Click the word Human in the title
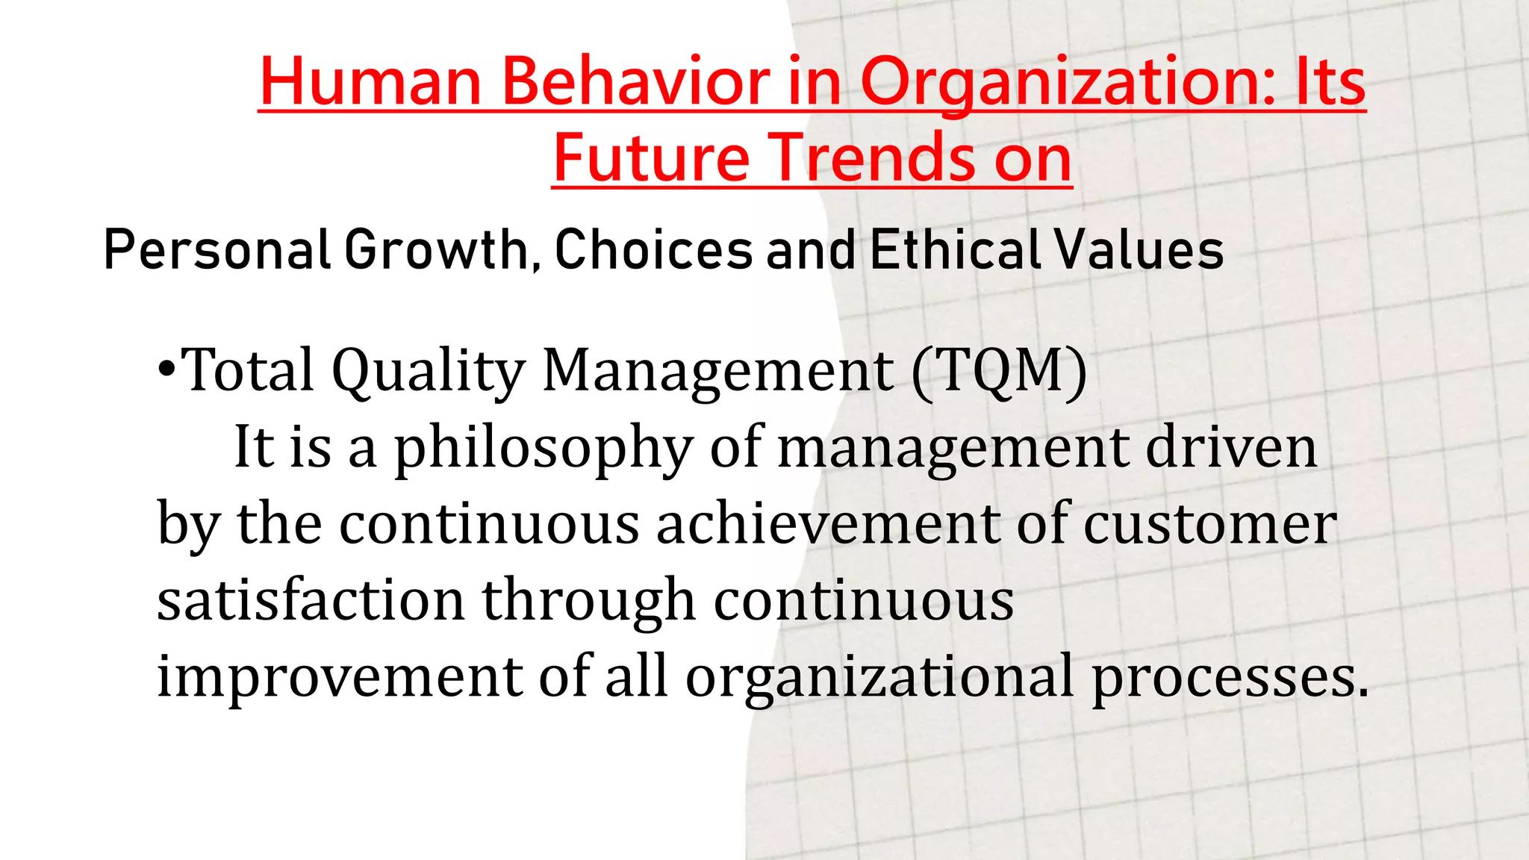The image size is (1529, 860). (370, 81)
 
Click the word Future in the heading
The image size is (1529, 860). (651, 158)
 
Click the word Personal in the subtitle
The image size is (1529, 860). (217, 250)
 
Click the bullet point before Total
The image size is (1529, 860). (167, 370)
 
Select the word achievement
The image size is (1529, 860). (827, 524)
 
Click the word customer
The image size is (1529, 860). (1209, 524)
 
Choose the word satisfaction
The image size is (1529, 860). (311, 600)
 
